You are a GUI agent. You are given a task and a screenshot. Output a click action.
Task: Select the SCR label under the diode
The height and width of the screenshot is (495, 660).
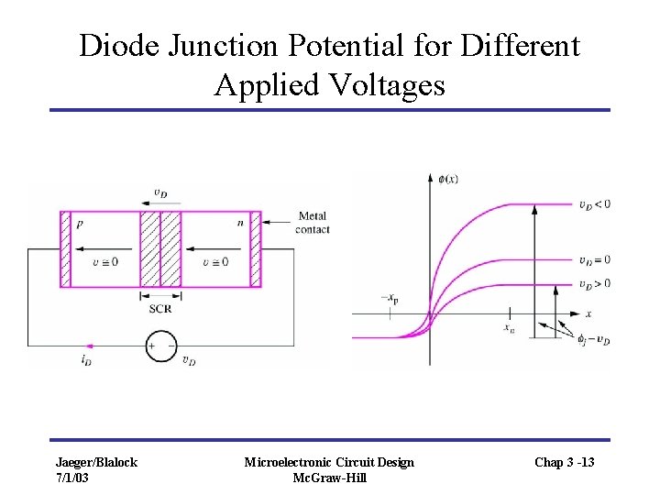(x=159, y=309)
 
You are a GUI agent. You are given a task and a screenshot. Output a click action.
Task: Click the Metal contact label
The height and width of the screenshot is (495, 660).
(x=312, y=223)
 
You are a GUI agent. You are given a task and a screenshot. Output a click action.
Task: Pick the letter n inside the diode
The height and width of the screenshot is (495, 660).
(x=239, y=222)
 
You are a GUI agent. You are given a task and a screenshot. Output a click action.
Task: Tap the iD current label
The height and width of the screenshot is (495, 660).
(x=86, y=361)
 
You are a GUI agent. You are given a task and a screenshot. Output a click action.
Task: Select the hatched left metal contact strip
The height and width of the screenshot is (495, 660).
(x=65, y=249)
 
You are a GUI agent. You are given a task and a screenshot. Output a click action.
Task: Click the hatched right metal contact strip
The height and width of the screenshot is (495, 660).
(x=256, y=249)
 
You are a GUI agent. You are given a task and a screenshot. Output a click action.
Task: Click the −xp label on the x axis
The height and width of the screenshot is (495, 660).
(x=390, y=299)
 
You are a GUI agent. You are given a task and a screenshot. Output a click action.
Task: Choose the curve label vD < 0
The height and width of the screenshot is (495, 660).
(x=594, y=203)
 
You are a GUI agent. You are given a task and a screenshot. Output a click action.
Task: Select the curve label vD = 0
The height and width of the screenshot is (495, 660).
(x=594, y=259)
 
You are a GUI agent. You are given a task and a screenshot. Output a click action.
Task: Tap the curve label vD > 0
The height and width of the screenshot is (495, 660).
(x=594, y=283)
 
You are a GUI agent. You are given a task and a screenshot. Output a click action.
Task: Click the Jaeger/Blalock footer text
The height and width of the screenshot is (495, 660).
(x=96, y=462)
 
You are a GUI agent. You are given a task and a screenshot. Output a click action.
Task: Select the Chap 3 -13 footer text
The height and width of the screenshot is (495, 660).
(x=564, y=462)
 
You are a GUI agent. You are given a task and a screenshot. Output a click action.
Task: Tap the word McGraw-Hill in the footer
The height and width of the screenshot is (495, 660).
(x=328, y=478)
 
